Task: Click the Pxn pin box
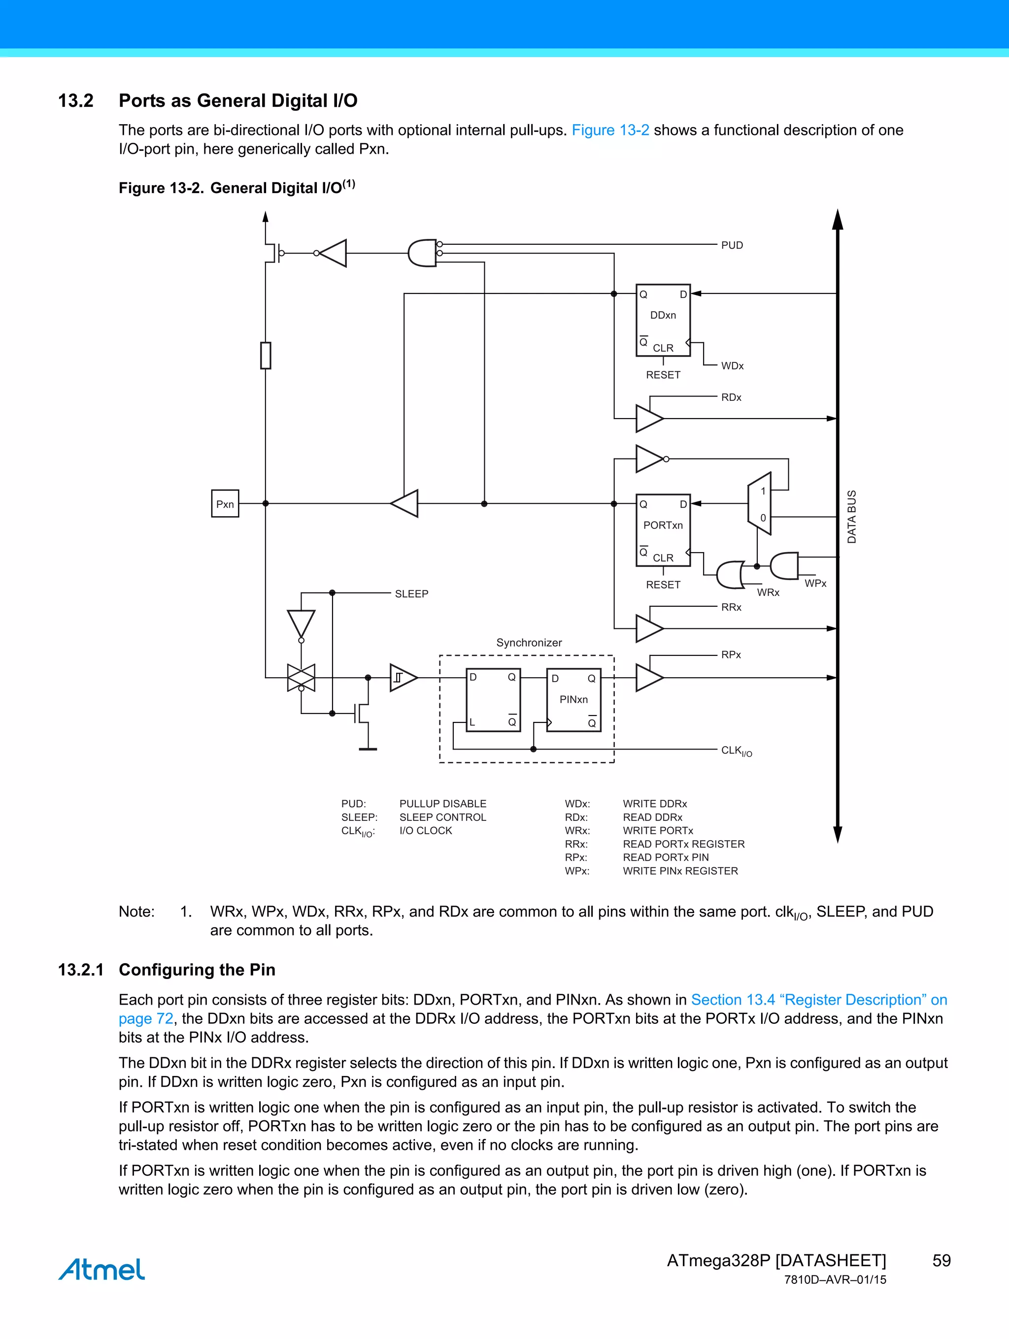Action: coord(225,504)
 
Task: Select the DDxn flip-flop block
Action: coord(663,320)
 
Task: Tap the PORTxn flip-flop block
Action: coord(663,530)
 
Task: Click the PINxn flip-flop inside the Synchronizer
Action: coord(573,700)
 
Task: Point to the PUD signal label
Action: coord(732,245)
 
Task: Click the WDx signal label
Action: coord(732,365)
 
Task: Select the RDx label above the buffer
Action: coord(731,397)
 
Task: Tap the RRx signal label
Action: coord(731,607)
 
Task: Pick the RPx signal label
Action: coord(731,655)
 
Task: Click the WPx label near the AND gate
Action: coord(815,584)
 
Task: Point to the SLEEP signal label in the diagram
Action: coord(411,594)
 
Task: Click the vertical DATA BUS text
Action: coord(851,517)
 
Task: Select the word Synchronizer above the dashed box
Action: coord(529,642)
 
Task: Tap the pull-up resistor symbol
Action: coord(265,356)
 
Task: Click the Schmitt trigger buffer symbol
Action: coord(403,677)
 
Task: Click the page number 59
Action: coord(941,1260)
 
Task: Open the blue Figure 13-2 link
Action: coord(610,130)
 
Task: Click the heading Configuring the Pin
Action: coord(197,970)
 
